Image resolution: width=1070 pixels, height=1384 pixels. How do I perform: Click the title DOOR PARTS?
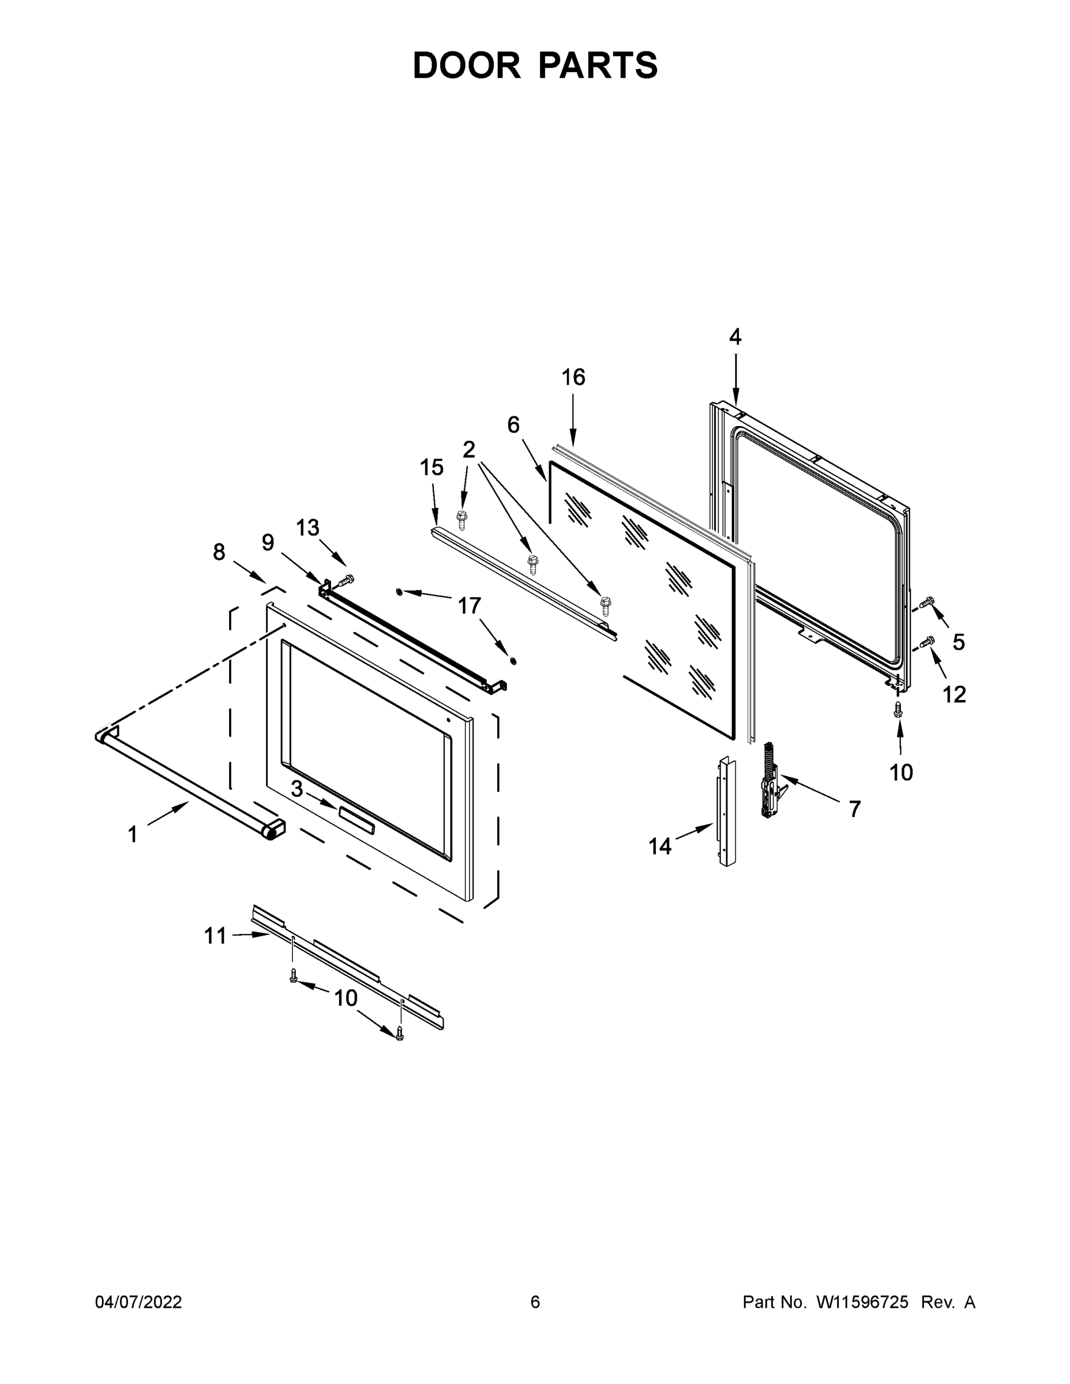tap(535, 65)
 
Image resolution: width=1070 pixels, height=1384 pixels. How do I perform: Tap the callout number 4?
tap(735, 337)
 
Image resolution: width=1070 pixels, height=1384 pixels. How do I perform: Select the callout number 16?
tap(573, 377)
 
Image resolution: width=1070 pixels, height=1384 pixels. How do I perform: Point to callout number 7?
tap(854, 809)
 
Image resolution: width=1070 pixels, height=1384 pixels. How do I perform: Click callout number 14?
tap(659, 846)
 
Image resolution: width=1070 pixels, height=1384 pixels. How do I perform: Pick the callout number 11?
tap(215, 935)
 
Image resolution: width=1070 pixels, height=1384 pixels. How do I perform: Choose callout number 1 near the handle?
tap(133, 834)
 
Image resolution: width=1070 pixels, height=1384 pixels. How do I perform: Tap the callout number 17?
tap(469, 606)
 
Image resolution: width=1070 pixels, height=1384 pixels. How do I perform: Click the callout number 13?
tap(308, 527)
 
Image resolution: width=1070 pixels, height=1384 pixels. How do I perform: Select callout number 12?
tap(954, 694)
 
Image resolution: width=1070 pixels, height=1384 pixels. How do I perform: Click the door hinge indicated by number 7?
tap(770, 780)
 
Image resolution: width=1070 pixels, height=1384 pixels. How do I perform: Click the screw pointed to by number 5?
tap(928, 602)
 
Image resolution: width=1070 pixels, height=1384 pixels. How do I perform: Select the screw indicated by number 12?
tap(928, 642)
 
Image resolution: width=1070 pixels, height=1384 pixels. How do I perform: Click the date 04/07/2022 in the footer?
tap(138, 1302)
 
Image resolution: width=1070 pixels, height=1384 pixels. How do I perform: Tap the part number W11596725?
tap(862, 1302)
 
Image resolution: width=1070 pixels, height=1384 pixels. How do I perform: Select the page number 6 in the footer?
tap(535, 1302)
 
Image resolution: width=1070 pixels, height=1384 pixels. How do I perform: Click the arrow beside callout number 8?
tap(249, 570)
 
